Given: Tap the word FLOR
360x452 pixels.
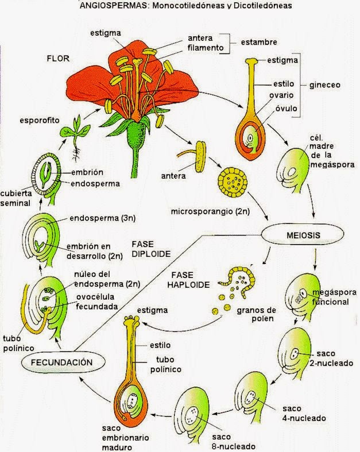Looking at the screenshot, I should coord(59,59).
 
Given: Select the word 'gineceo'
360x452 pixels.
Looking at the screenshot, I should coord(326,84).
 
